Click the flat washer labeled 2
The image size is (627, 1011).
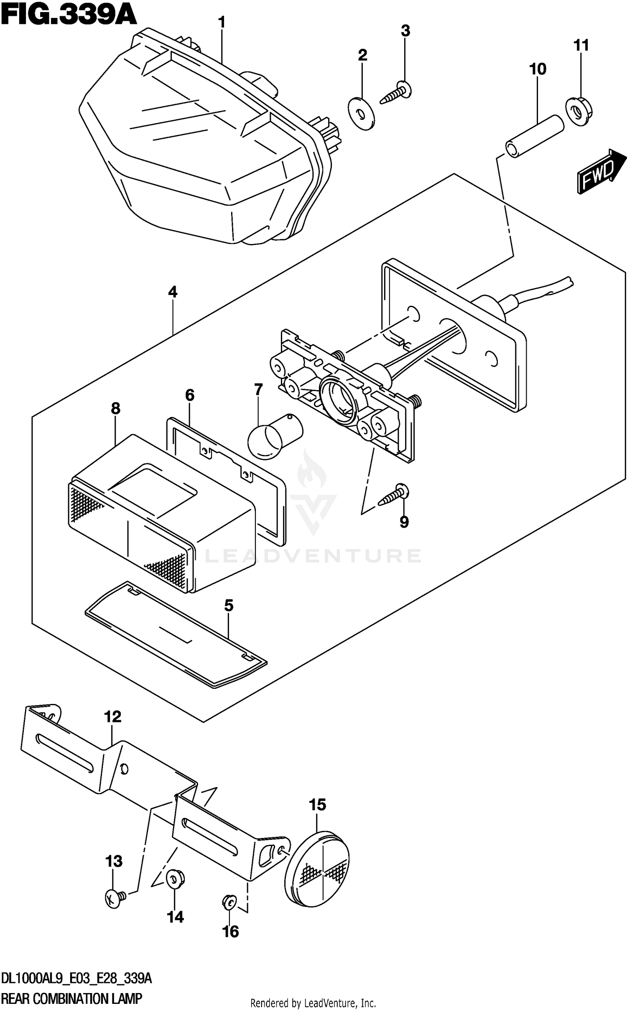coord(361,113)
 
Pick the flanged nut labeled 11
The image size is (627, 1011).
coord(579,111)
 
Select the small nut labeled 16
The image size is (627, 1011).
coord(229,902)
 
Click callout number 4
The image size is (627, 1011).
coord(173,292)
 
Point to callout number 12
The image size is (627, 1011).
coord(113,716)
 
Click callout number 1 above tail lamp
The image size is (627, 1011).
coord(222,22)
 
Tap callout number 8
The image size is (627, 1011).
coord(115,408)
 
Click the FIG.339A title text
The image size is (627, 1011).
coord(69,15)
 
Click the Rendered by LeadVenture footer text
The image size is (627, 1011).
coord(313,1003)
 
